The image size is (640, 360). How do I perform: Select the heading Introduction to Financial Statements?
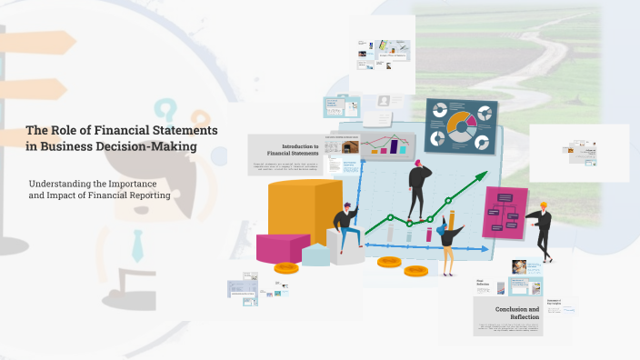coord(299,150)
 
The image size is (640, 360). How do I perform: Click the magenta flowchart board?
coord(505,212)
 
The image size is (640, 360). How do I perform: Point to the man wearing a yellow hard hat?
coord(542,227)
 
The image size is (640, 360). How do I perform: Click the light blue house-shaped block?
coord(315,254)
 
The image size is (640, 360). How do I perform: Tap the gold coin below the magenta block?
coord(285,267)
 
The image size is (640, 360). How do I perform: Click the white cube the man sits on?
coord(346,247)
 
